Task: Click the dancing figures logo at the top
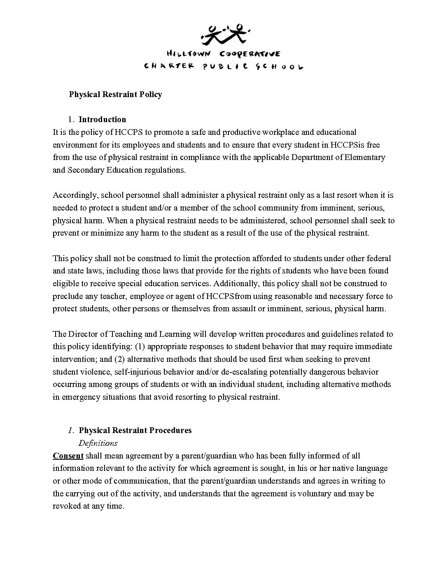(x=224, y=34)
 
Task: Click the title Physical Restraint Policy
(x=115, y=94)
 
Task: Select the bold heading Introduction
(x=102, y=119)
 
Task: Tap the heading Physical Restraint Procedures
(x=135, y=430)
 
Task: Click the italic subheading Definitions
(x=98, y=443)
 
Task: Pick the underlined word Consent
(x=68, y=456)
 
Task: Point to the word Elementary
(x=365, y=157)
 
